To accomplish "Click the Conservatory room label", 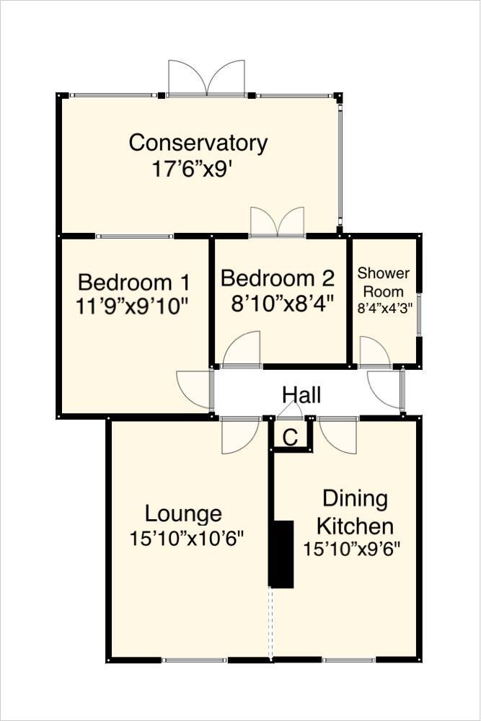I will coord(198,143).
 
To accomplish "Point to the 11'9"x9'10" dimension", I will coord(132,306).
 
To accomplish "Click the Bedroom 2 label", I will coord(278,278).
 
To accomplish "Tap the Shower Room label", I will coord(383,282).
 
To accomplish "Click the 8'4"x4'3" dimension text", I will coord(383,308).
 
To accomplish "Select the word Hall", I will coord(301,394).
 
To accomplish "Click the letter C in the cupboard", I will coord(290,437).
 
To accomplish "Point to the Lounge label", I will coord(183,514).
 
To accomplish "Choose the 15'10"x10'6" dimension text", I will coord(187,538).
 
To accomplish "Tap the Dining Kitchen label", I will coord(355,511).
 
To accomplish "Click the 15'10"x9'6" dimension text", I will coord(351,549).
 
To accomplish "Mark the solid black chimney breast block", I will coord(281,554).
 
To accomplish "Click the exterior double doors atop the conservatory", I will coord(206,78).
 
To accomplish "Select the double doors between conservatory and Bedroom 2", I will coord(277,222).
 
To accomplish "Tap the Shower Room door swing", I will coord(374,353).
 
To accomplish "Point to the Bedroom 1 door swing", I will coord(193,390).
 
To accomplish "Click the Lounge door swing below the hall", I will coord(239,435).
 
